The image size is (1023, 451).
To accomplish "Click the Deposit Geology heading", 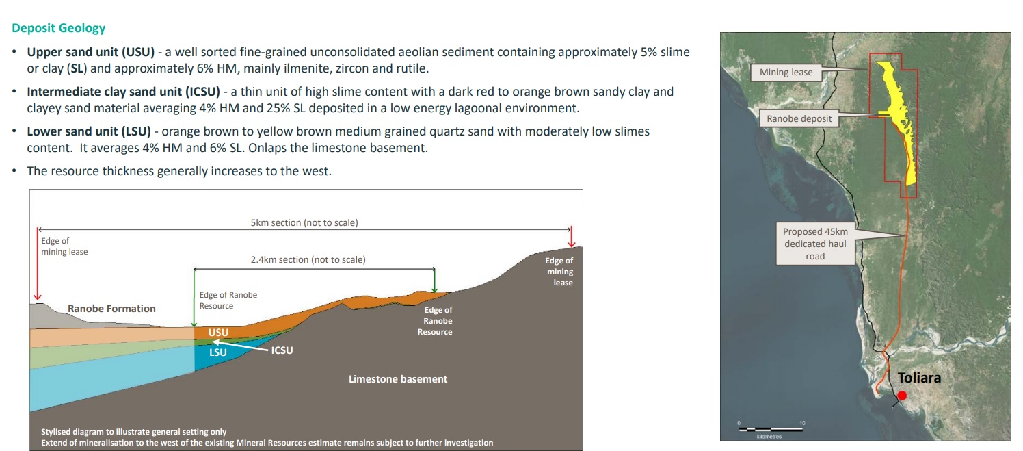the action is pos(58,28).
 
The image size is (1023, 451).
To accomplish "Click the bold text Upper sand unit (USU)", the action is pos(91,52).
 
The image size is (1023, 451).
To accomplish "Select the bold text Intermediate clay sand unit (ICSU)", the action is pos(123,92).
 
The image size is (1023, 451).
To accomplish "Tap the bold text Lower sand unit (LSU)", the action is pos(89,131).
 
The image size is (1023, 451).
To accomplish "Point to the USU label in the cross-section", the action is pos(218,333).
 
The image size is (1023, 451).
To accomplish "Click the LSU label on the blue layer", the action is pos(218,352).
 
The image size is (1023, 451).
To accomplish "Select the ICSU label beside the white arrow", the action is pos(282,350).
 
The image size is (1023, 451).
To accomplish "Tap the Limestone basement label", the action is pos(398,379).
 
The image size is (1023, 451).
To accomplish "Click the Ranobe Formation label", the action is pos(111,309).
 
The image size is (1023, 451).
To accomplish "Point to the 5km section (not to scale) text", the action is pos(304,223).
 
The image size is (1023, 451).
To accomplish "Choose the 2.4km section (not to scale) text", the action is pos(308,260).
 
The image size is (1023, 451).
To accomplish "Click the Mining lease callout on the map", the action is pos(786,72).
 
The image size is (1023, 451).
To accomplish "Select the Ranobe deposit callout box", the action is pos(799,119).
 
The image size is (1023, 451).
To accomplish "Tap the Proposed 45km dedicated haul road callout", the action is pos(815,244).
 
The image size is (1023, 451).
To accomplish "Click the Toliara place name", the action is pos(919,378).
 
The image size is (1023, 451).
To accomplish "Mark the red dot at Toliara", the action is pos(902,396).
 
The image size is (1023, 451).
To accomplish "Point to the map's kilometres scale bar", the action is pos(771,429).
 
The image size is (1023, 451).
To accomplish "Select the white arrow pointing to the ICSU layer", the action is pos(240,346).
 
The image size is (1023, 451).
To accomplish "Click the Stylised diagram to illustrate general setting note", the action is pos(134,432).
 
